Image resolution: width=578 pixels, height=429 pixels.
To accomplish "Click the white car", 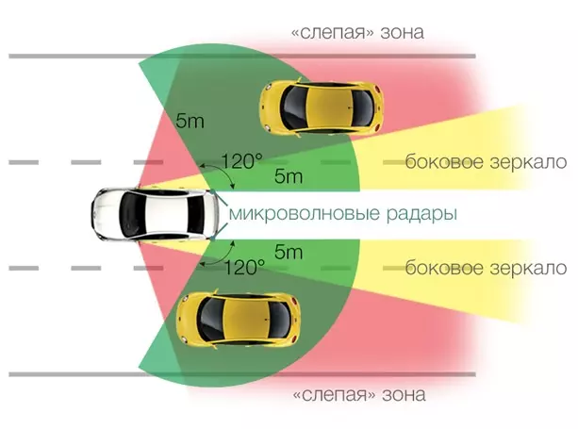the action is click(155, 214).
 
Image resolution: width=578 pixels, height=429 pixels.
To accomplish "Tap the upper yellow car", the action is click(322, 107).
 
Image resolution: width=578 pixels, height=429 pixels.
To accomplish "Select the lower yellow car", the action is click(239, 319).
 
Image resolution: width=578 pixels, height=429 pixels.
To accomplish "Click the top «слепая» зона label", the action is click(357, 32).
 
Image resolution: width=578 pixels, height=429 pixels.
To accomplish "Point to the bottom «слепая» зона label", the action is click(359, 395).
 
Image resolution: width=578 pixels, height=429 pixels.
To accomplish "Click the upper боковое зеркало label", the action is click(486, 162).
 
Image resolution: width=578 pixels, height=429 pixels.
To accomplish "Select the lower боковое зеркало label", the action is click(486, 268).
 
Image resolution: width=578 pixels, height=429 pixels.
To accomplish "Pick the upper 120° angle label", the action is click(242, 161).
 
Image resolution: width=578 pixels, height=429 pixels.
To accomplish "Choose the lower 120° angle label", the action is click(244, 267).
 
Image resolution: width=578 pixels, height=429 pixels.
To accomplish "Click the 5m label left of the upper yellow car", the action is click(190, 121).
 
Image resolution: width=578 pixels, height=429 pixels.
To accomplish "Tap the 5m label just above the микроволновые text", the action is click(289, 176).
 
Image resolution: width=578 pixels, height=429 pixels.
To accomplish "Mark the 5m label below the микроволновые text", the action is click(289, 252).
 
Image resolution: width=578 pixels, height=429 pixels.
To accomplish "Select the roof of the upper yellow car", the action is click(330, 107).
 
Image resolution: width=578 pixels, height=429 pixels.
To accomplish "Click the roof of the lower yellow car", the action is click(246, 319).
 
